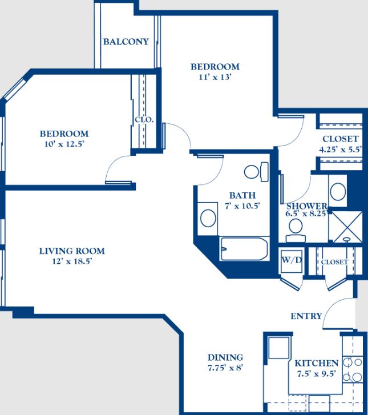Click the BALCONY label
tap(126, 42)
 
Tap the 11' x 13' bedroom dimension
tap(215, 77)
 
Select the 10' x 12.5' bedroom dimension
tap(64, 144)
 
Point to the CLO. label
tap(144, 120)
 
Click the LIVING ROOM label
tap(72, 251)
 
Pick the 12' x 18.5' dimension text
tap(72, 261)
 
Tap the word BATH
tap(242, 195)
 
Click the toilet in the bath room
tap(256, 172)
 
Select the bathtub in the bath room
tap(244, 249)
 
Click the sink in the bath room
tap(208, 218)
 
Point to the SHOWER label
tap(307, 206)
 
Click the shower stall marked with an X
tap(347, 227)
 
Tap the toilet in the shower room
tap(296, 230)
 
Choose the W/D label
tap(292, 260)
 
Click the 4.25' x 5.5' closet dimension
tap(340, 150)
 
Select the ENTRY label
tap(306, 316)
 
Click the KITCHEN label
tap(317, 363)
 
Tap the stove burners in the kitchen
tap(353, 369)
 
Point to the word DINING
tap(225, 357)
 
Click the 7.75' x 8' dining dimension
tap(225, 368)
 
